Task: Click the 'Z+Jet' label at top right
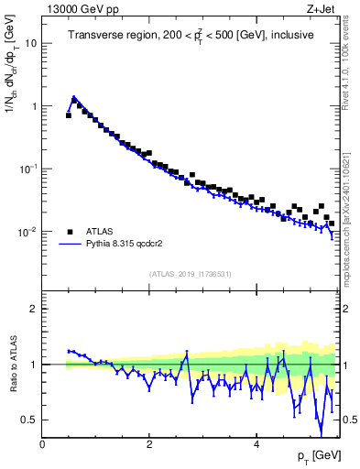[x=322, y=8]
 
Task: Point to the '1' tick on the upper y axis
[x=34, y=106]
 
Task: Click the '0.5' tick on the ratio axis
[x=29, y=420]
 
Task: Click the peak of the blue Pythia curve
[x=74, y=96]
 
